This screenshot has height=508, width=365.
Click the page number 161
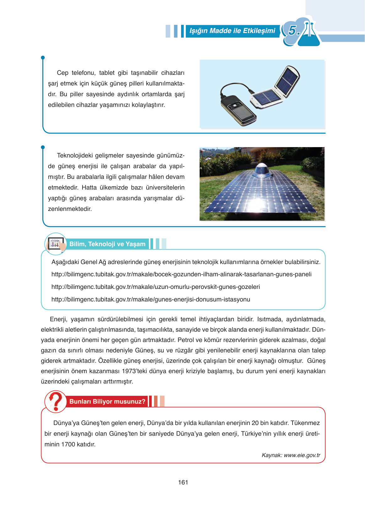pos(183,482)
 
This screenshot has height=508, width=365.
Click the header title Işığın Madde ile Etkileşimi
pos(232,31)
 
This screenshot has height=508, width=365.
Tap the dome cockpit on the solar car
pos(262,170)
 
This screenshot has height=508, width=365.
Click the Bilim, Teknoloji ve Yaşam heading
pos(107,244)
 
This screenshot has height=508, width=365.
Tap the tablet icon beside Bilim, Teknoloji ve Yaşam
pos(55,244)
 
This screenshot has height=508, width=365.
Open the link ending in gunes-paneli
pos(181,274)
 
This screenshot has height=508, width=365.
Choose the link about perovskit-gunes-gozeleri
pos(156,287)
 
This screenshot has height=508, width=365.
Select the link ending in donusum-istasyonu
pos(151,300)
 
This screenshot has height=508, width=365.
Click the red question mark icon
pos(56,401)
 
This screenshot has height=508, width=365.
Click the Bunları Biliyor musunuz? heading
pos(107,402)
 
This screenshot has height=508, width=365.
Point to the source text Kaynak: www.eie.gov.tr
pos(291,455)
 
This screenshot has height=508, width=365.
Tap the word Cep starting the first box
pos(62,73)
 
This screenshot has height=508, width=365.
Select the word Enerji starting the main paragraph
pos(58,319)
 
